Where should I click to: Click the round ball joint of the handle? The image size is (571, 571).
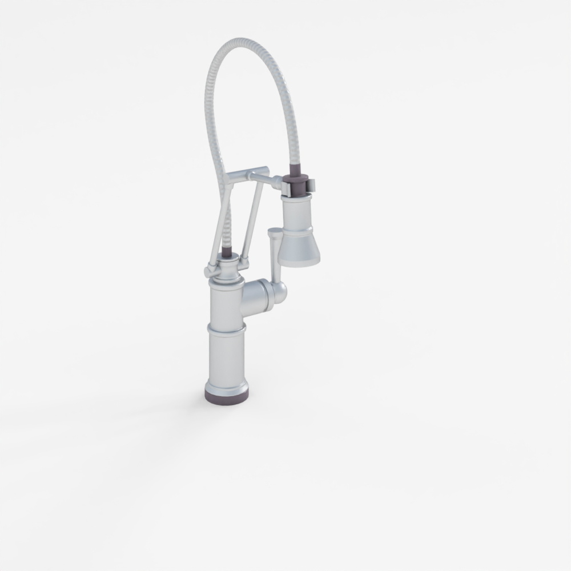280,291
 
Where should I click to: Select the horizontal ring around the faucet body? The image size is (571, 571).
227,331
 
